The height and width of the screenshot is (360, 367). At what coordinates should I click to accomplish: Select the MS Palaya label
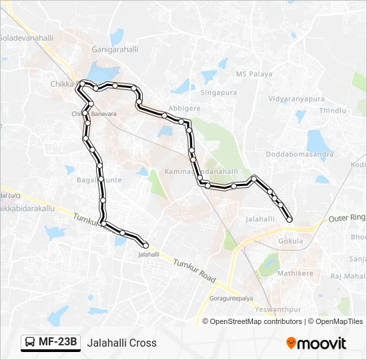point(254,74)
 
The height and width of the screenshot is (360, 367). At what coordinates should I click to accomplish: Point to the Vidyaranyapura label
point(296,99)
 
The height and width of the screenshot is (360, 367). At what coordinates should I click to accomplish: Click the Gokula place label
point(291,241)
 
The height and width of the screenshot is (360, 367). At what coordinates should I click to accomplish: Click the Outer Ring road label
point(347,217)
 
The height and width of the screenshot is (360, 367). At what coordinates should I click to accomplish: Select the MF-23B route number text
point(58,343)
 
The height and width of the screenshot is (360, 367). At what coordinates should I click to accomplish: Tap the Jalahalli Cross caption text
point(121,343)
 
